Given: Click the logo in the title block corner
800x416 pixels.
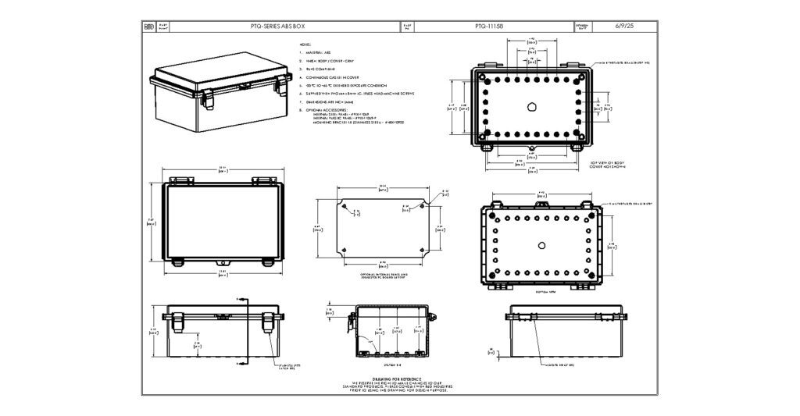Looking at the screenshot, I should [150, 27].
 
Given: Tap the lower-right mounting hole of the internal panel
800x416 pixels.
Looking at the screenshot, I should [423, 251].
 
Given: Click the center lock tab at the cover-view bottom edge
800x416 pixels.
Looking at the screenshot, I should [222, 264].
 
